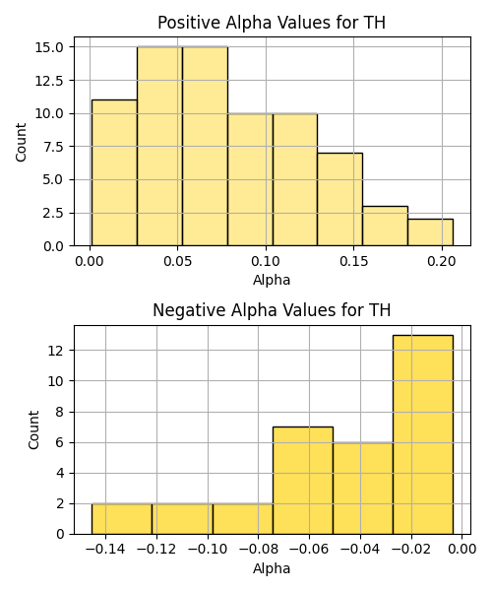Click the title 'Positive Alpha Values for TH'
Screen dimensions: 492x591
tap(272, 23)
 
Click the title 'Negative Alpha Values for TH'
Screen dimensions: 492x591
tap(272, 310)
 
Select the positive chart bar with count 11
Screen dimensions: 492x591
tap(114, 172)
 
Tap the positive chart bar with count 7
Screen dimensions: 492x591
tap(339, 199)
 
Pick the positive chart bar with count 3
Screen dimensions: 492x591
tap(385, 226)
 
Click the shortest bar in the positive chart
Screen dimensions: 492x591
tap(430, 232)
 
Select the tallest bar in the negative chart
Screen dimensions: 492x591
tap(423, 434)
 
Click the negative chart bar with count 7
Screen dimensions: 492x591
tap(303, 481)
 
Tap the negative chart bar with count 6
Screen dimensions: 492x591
tap(363, 489)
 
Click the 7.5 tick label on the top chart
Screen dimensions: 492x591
tap(53, 147)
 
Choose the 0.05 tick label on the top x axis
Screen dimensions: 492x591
tap(178, 261)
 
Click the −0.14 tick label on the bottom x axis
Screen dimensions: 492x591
tap(105, 550)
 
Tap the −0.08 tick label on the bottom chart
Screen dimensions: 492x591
tap(258, 550)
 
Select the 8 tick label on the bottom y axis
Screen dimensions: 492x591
tap(59, 412)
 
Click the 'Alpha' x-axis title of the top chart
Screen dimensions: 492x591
tap(272, 280)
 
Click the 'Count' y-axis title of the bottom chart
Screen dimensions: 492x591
tap(33, 429)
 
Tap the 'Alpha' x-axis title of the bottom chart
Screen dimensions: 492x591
tap(272, 568)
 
